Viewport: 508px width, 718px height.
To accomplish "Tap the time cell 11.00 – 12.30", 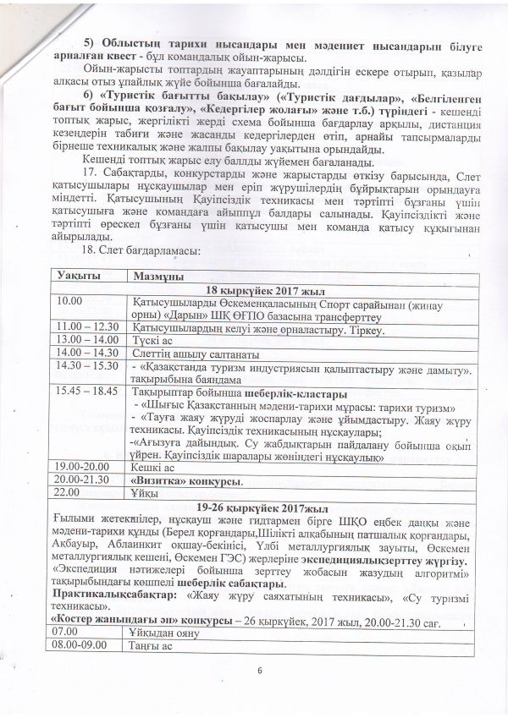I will [x=86, y=325].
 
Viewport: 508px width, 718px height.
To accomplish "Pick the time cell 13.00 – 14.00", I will [x=86, y=338].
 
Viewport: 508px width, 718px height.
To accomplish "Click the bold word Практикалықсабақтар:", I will [x=107, y=595].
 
